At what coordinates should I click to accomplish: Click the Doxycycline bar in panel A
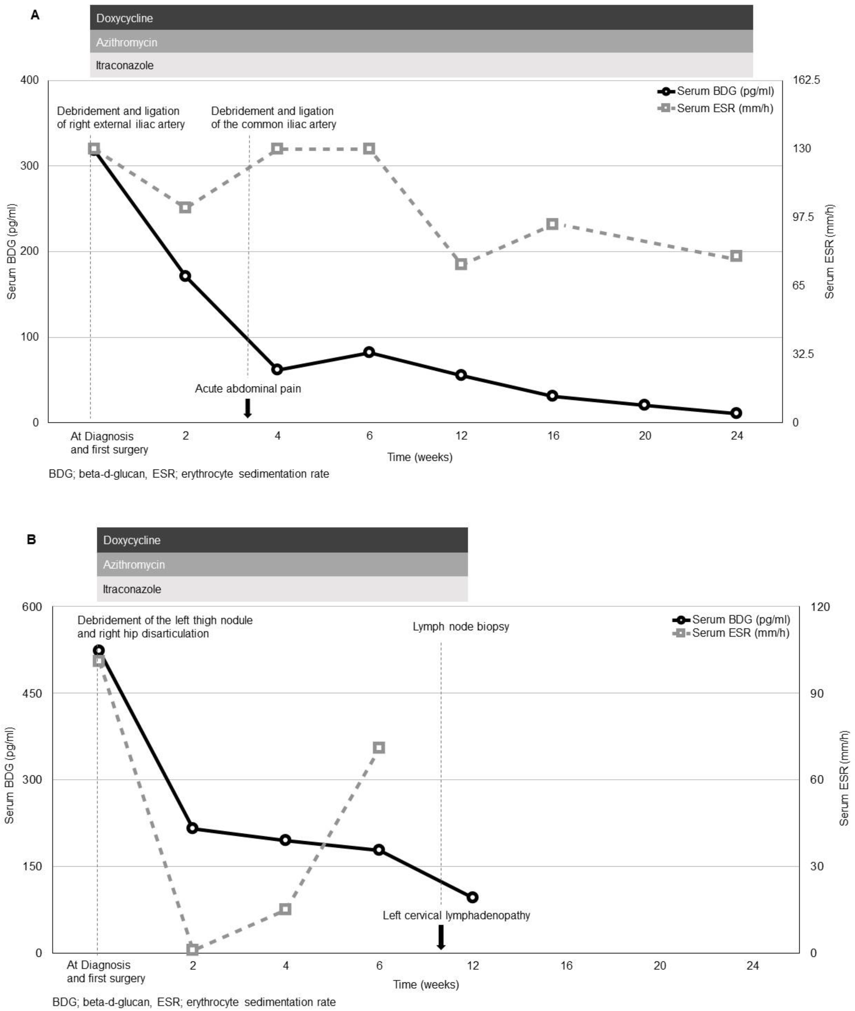tap(421, 18)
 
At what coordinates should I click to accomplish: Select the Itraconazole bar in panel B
tap(282, 589)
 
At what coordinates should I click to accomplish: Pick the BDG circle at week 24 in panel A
tap(736, 413)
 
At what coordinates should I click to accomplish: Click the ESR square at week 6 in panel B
tap(379, 748)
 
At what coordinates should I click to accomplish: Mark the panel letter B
tap(32, 540)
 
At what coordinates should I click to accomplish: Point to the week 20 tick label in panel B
tap(660, 965)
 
